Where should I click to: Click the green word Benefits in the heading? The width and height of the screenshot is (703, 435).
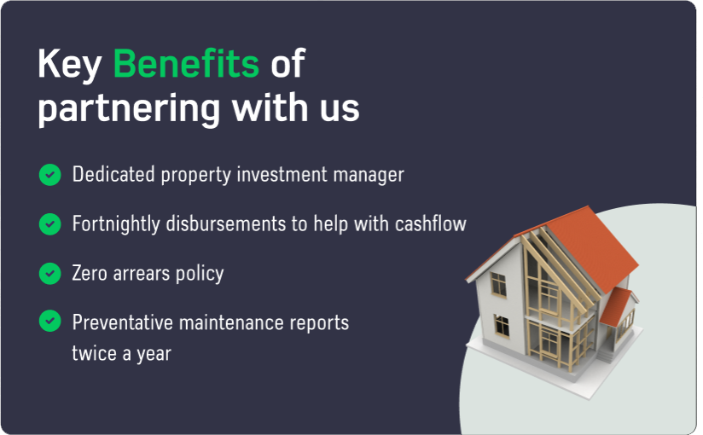[186, 63]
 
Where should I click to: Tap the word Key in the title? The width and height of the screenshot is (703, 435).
[69, 66]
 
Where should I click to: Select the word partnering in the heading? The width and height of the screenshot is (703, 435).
[129, 109]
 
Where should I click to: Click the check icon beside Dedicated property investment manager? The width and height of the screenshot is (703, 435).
[49, 175]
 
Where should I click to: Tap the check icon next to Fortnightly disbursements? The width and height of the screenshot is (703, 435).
[49, 223]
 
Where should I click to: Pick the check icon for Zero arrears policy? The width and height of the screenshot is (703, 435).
[49, 273]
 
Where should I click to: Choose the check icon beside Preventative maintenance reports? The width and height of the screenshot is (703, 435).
[49, 321]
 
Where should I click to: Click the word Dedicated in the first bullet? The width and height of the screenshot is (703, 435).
[113, 174]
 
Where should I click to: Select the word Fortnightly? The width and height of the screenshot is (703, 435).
[116, 224]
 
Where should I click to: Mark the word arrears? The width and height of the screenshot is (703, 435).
[142, 274]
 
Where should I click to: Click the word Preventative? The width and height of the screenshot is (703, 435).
[122, 323]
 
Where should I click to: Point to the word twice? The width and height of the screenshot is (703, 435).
[94, 353]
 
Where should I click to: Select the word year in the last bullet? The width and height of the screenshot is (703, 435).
[154, 355]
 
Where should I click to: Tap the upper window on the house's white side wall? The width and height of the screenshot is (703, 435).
[498, 284]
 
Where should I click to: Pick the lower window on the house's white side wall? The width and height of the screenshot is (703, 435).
[502, 326]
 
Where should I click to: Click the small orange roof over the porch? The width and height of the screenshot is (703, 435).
[616, 307]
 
